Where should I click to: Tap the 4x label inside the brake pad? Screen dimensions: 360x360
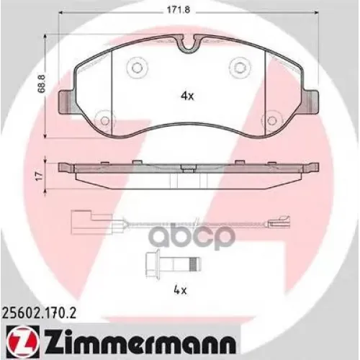(x=186, y=94)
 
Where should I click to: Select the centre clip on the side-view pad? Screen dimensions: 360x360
(x=186, y=169)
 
